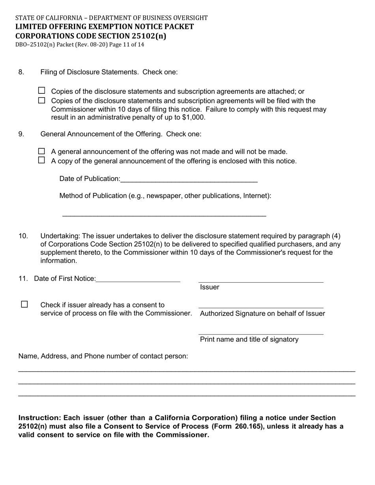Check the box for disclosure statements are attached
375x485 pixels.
point(42,91)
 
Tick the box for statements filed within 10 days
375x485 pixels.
point(42,101)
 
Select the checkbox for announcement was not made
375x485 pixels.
point(42,151)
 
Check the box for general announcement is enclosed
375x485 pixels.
point(42,160)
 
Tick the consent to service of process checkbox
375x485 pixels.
point(24,304)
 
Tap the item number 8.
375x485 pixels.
point(21,72)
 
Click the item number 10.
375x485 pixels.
point(23,236)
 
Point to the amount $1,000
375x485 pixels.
point(193,118)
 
